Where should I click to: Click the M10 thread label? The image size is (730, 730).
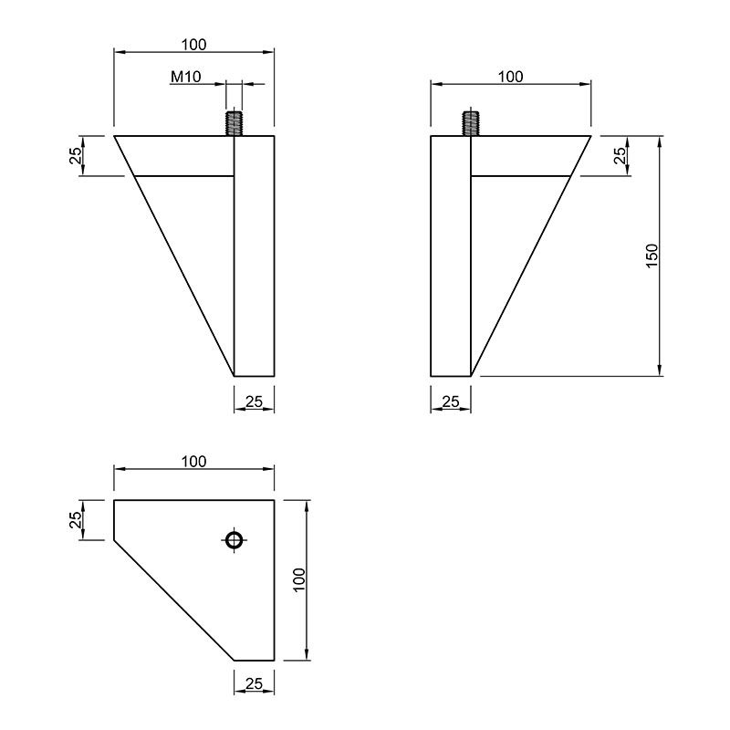point(186,77)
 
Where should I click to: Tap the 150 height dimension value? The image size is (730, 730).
point(652,255)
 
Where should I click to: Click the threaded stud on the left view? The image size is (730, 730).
point(235,123)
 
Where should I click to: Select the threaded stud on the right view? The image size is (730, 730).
point(471,123)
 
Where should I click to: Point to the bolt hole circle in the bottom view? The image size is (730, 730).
point(235,540)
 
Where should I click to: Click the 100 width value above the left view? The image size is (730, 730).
point(193,45)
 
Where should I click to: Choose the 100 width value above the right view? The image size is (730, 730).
point(511,77)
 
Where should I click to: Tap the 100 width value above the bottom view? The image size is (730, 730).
point(193,462)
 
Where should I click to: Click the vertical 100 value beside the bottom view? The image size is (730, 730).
point(299,579)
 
